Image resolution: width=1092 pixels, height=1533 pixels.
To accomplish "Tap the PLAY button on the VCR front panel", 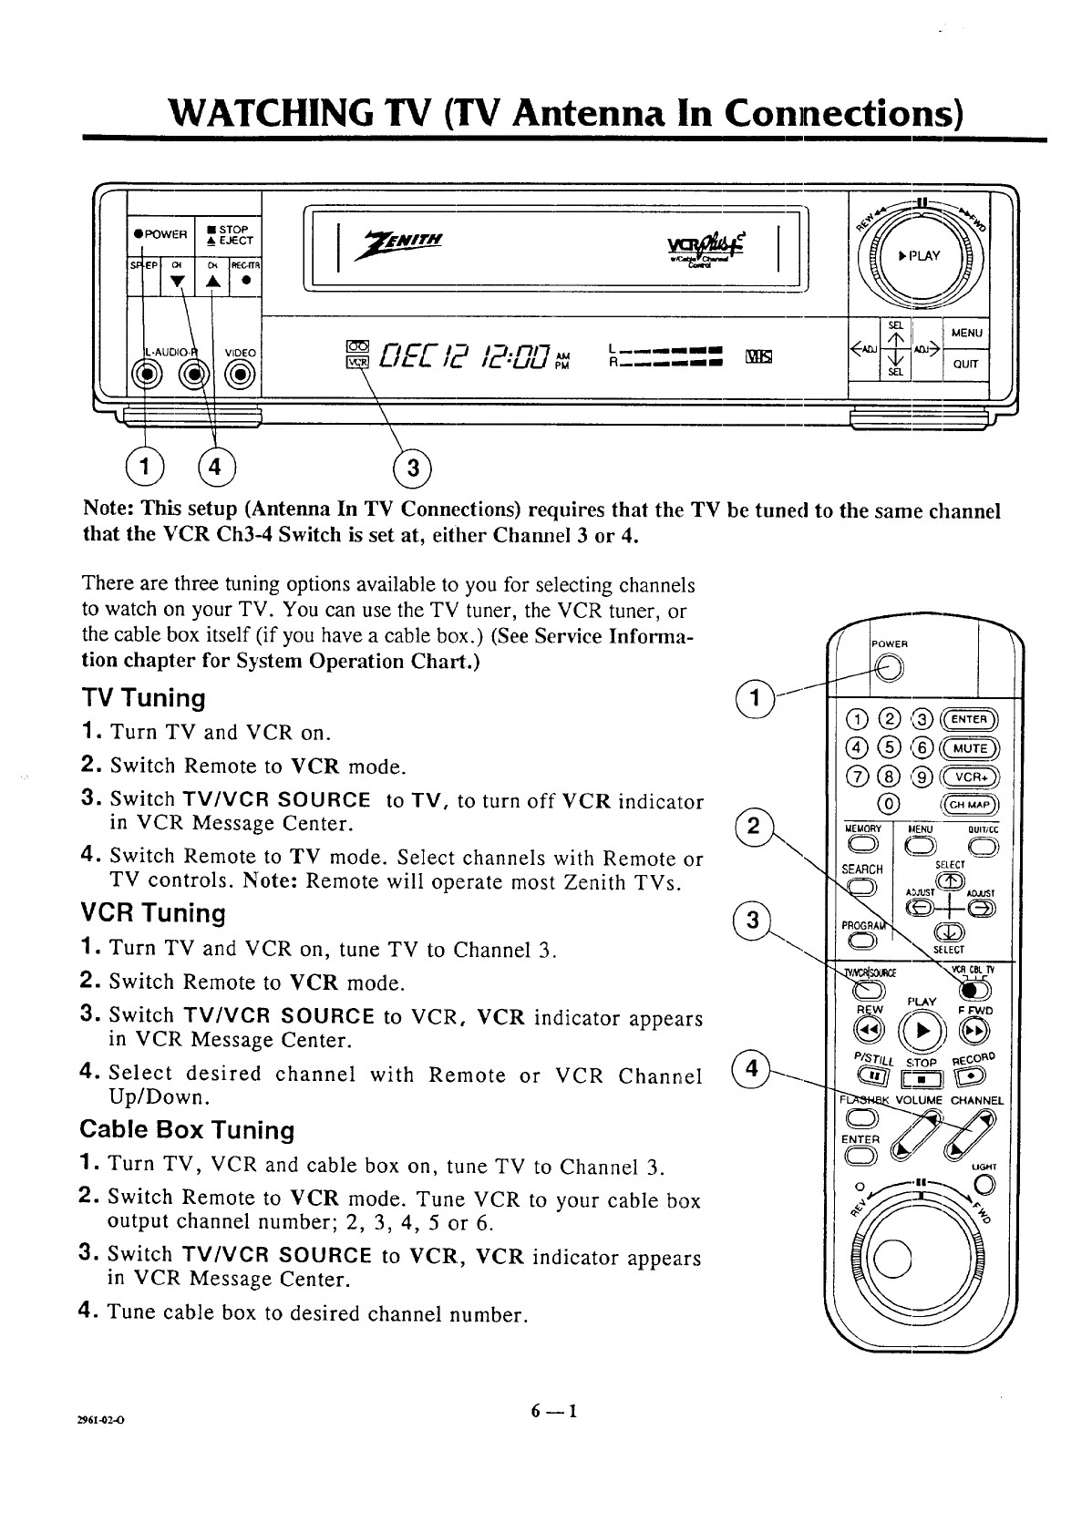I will coord(922,255).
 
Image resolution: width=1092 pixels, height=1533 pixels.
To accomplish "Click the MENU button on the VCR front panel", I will coord(966,334).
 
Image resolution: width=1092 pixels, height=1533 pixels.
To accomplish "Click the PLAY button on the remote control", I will coord(921,1029).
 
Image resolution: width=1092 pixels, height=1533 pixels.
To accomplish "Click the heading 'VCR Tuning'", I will coord(152,913).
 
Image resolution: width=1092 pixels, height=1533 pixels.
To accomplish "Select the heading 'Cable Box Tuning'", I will coord(187,1130).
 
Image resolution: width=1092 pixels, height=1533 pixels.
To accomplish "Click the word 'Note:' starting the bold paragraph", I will coord(109,510).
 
